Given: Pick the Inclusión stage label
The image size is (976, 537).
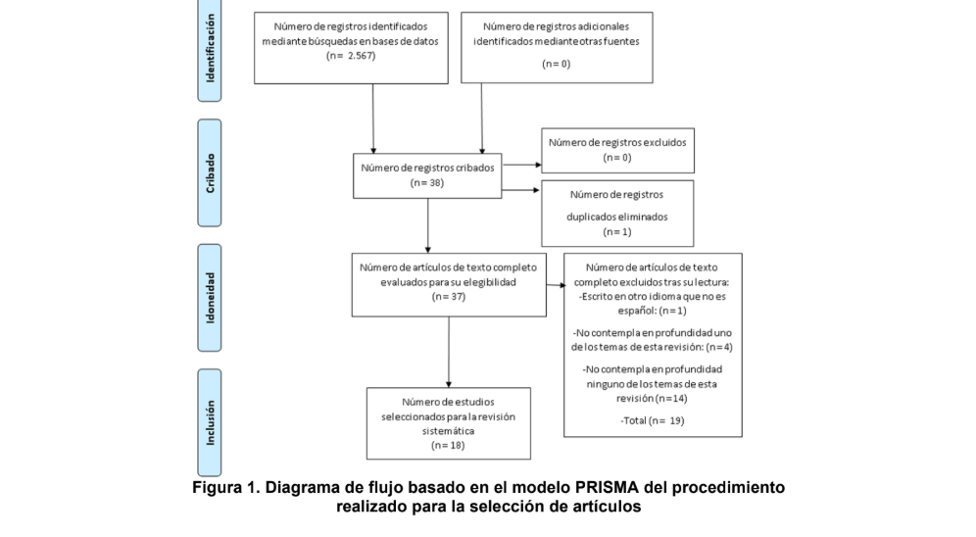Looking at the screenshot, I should click(x=209, y=422).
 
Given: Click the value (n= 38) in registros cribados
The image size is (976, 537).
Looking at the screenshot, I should click(x=427, y=182).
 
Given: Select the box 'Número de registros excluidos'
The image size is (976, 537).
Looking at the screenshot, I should click(x=616, y=149).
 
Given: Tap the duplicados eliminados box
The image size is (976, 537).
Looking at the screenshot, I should click(x=616, y=213).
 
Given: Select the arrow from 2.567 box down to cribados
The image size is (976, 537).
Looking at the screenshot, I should click(x=373, y=118).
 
